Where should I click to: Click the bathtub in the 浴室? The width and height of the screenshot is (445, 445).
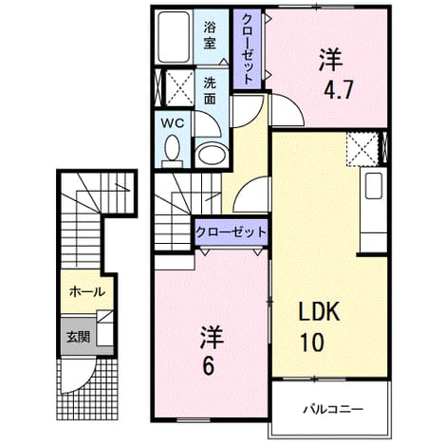[174, 37]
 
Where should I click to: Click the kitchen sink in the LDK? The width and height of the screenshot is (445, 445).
[374, 186]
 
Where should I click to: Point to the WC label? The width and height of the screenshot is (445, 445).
[173, 123]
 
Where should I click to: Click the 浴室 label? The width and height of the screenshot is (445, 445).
[210, 35]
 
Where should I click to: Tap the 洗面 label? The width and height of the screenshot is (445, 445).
[210, 91]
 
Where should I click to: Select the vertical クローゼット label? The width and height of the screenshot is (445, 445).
[248, 49]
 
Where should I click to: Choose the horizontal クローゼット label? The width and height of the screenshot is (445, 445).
[231, 232]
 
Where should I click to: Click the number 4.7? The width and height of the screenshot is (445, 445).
[338, 91]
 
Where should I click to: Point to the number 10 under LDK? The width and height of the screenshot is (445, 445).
[312, 343]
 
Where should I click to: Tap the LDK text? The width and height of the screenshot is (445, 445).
[320, 311]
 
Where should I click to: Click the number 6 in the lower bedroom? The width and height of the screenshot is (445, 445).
[209, 366]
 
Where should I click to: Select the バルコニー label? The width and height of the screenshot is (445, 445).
[333, 410]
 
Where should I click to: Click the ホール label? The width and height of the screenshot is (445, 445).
[87, 291]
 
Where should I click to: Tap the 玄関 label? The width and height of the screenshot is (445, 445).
[78, 337]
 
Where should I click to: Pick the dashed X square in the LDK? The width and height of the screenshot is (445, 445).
[362, 150]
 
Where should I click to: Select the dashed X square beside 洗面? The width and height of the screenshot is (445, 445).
[179, 87]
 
